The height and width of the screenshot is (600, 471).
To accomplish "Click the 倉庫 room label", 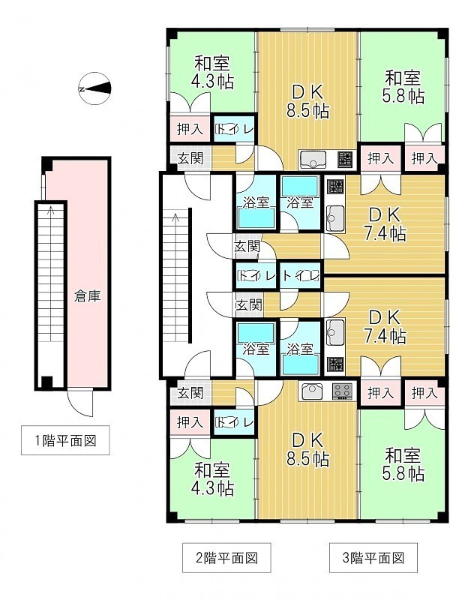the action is click(88, 295).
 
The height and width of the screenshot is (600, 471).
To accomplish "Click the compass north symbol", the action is click(95, 88).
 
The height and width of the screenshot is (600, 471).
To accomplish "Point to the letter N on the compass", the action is click(82, 89).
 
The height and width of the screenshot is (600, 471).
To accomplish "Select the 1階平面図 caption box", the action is click(65, 440).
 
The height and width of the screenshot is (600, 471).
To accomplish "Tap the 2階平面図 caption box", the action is click(226, 557).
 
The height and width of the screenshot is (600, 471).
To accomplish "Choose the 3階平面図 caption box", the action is click(373, 557).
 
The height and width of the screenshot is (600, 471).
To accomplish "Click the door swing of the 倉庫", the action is click(79, 403).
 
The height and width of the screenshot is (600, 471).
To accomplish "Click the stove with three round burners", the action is click(342, 391).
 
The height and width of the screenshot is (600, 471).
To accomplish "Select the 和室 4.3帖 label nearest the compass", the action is click(212, 72).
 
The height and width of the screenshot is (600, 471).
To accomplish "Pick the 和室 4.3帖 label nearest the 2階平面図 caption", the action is click(212, 478).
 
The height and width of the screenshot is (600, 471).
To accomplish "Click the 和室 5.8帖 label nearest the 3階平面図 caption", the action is click(403, 464).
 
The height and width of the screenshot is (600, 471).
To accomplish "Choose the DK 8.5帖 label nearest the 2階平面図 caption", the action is click(307, 449).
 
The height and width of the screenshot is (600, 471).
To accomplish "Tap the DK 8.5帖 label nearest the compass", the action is click(307, 101).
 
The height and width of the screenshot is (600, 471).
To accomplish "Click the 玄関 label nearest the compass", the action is click(190, 157).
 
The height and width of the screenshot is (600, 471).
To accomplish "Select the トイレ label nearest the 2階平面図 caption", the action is click(235, 422).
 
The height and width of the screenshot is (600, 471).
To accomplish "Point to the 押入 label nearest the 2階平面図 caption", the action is click(190, 422).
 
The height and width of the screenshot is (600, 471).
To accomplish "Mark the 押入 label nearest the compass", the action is click(190, 129).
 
